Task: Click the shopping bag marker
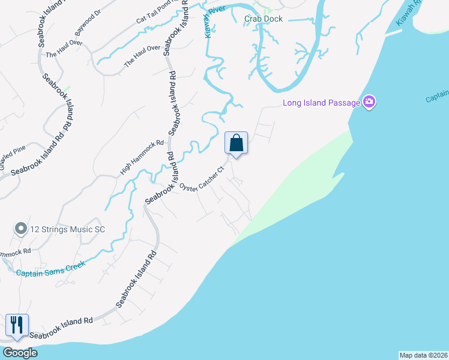(236, 143)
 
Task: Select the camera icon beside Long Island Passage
(369, 102)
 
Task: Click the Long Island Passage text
(321, 103)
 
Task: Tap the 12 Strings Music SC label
(64, 229)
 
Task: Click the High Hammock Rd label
(142, 158)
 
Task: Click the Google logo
(20, 353)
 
